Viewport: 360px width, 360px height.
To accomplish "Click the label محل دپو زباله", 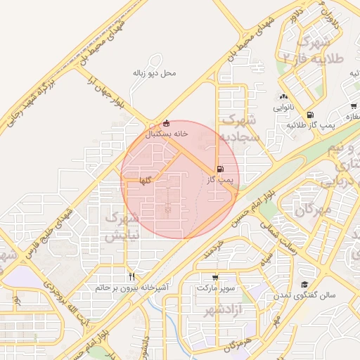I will [x=154, y=73].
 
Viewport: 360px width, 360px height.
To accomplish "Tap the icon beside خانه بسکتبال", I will [x=166, y=122].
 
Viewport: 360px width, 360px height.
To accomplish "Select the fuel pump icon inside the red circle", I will [x=221, y=169].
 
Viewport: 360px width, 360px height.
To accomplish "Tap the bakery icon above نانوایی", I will [x=283, y=97].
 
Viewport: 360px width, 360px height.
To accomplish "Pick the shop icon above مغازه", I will [x=349, y=105].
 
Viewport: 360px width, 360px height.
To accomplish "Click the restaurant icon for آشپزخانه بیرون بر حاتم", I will [x=131, y=276].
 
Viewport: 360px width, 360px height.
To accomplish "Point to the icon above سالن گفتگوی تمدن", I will [x=304, y=284].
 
